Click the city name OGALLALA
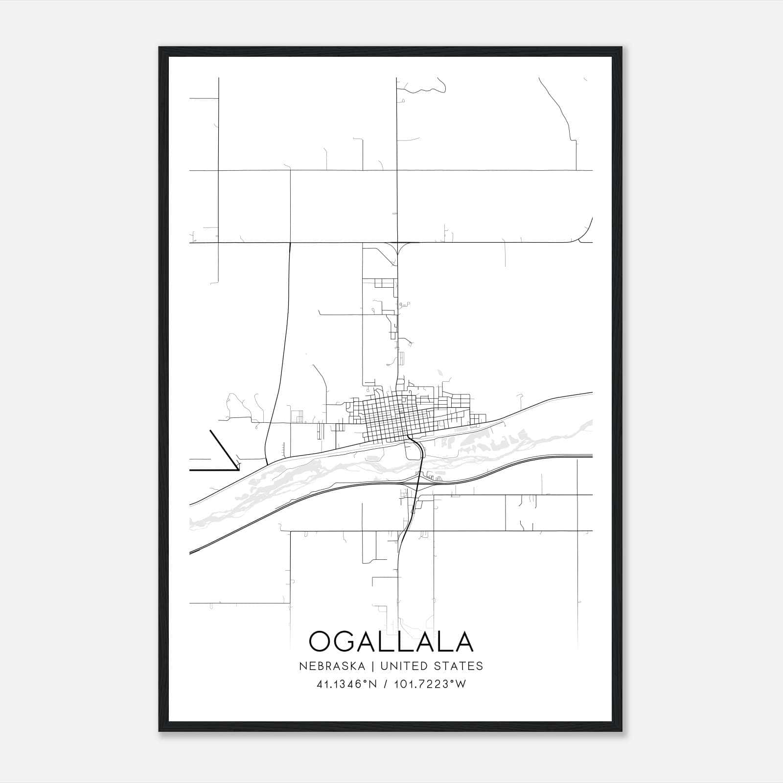(391, 641)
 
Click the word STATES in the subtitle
(459, 666)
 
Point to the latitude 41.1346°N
(347, 684)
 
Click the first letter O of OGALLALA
(321, 641)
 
